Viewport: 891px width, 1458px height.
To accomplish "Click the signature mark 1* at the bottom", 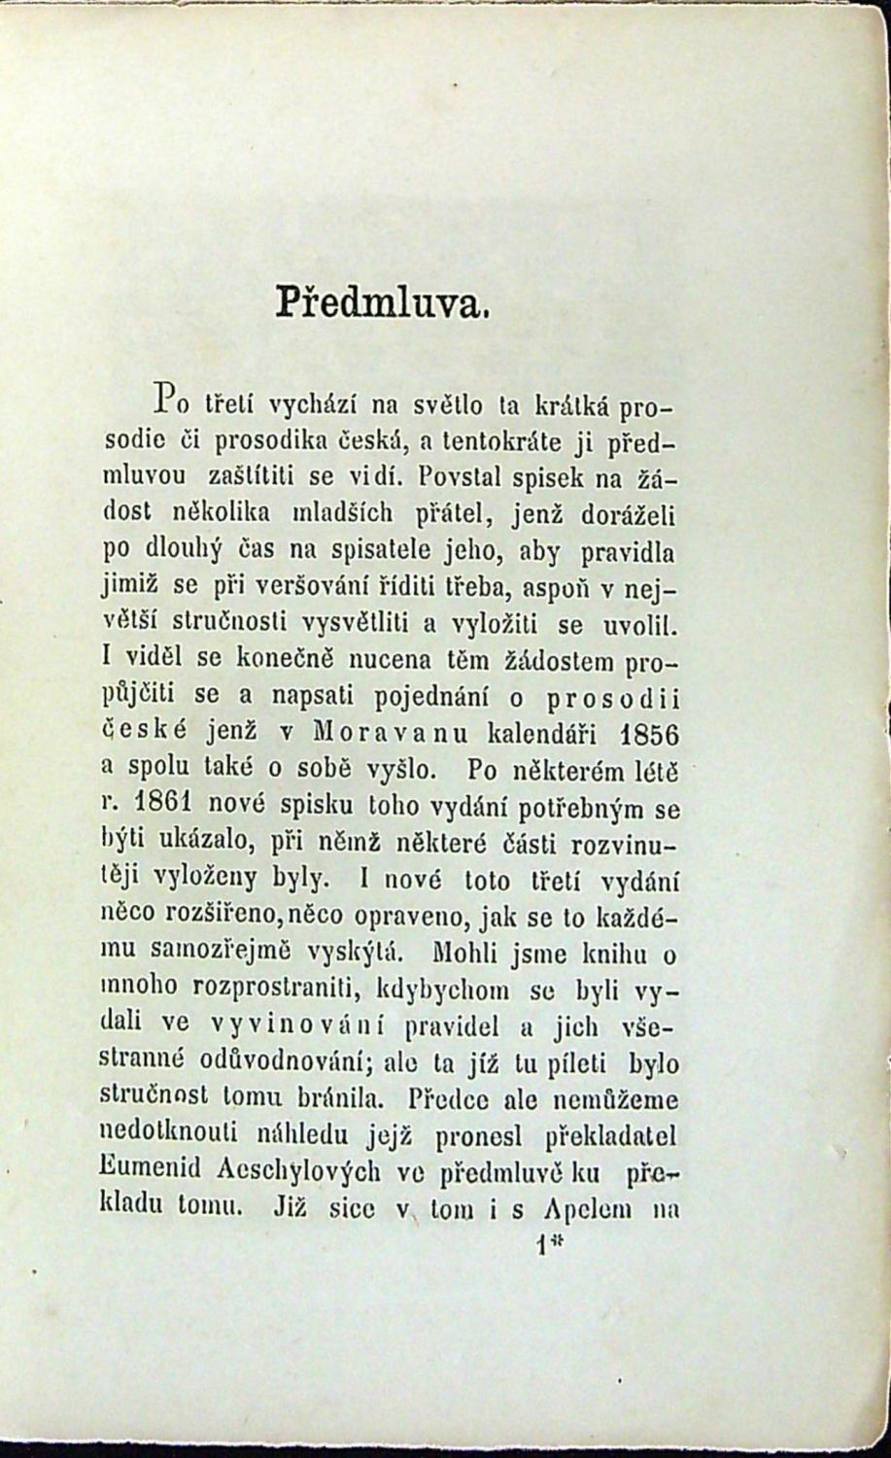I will coord(550,1247).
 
